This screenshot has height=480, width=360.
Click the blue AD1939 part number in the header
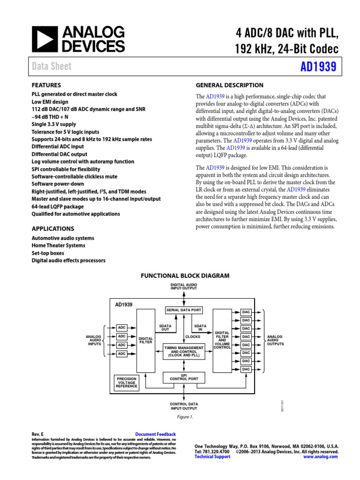318,67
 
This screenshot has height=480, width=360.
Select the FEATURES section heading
46,85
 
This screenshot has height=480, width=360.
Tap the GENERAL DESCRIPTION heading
229,85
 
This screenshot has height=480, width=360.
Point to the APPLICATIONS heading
52,229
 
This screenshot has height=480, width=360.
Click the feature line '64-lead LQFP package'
58,206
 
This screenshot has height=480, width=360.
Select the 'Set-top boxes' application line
48,253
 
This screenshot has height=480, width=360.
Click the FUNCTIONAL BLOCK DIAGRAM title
185,276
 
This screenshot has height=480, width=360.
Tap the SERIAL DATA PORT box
184,310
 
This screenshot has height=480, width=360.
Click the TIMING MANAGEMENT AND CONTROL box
184,351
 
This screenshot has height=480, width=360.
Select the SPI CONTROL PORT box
184,377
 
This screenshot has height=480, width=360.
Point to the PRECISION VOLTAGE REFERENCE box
127,382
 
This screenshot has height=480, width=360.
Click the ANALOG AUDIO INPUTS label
95,340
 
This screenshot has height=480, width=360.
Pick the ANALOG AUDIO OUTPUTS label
275,340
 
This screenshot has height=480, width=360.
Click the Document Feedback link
155,435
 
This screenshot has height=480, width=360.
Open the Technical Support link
212,457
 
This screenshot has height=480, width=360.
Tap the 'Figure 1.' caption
184,417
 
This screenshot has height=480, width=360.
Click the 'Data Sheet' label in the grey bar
52,67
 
